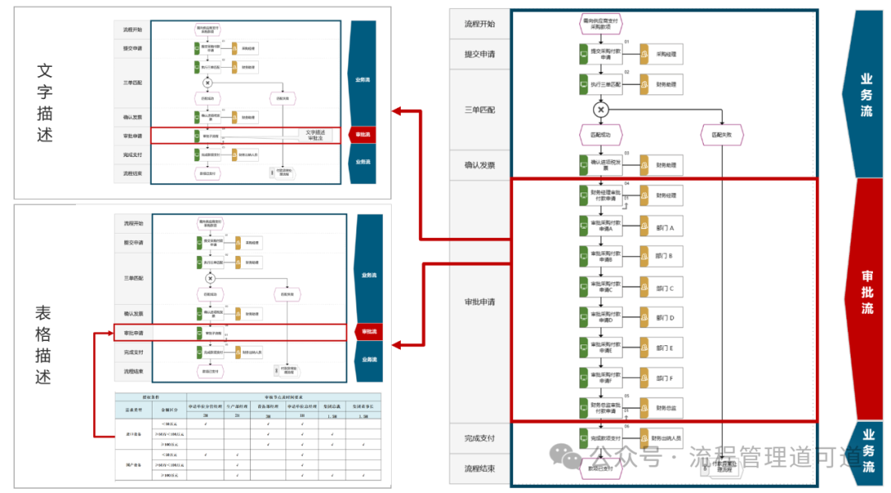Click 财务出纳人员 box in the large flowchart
[x=664, y=438]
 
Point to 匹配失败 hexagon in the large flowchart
[x=721, y=134]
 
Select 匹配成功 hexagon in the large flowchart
[x=601, y=134]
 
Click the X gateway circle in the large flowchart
[x=601, y=109]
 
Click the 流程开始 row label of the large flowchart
[x=478, y=24]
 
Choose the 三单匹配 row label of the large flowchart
[x=478, y=109]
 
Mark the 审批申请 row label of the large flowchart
[x=478, y=301]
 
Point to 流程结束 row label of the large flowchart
[x=478, y=469]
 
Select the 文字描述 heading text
[x=45, y=102]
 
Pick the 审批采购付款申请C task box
[x=601, y=287]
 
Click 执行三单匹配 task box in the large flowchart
[x=601, y=84]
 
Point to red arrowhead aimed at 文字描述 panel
[x=397, y=111]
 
